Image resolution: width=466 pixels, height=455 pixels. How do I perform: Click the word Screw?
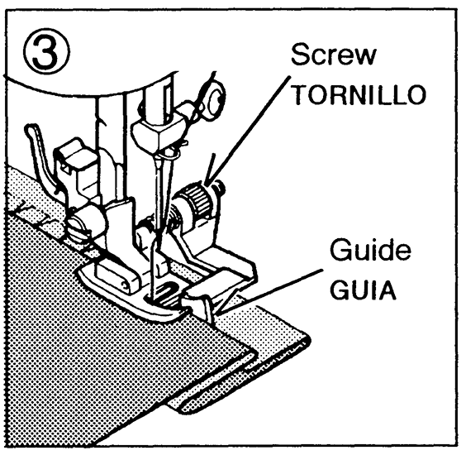tap(334, 55)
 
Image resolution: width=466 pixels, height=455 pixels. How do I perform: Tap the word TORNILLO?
tap(360, 95)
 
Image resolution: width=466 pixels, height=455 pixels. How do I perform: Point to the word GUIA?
tap(363, 290)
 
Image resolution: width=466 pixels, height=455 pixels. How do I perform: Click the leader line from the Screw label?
tap(249, 128)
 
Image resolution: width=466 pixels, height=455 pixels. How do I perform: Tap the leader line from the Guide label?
tap(269, 291)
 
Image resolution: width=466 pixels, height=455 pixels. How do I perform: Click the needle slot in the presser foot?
tap(164, 292)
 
